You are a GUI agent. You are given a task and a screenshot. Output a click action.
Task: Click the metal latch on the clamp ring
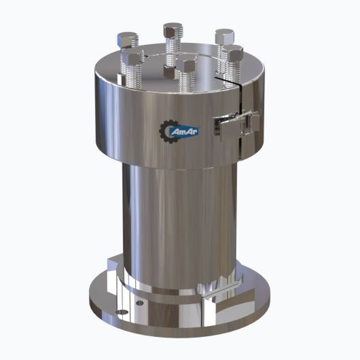[235, 124]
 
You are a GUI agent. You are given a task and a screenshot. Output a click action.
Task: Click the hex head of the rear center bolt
[174, 31]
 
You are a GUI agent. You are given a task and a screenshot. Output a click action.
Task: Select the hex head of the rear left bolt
[126, 39]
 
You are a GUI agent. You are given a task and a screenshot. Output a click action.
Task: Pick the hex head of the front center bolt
[186, 65]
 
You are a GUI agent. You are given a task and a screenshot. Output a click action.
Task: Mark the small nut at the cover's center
[168, 70]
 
